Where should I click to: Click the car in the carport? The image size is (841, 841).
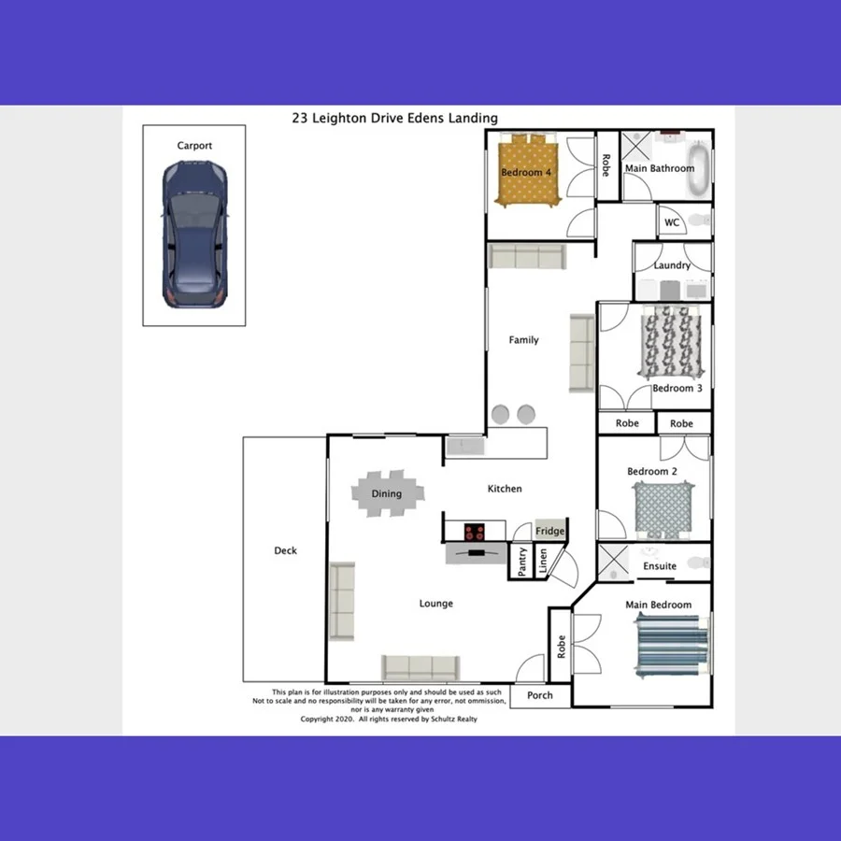[x=194, y=235]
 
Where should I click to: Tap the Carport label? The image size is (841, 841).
[x=194, y=146]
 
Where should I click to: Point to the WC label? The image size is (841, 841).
[x=672, y=222]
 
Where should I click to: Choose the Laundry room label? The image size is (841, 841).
[x=672, y=265]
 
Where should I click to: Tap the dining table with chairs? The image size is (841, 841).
[x=387, y=493]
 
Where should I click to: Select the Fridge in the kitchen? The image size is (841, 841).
[x=549, y=531]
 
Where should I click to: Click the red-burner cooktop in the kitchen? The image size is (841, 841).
[x=476, y=533]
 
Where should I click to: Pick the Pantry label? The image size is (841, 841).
[x=522, y=563]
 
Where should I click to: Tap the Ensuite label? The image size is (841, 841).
[x=660, y=566]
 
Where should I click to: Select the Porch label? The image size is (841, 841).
[x=540, y=695]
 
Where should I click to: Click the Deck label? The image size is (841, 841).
[x=285, y=550]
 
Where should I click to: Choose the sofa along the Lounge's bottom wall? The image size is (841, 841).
[x=420, y=667]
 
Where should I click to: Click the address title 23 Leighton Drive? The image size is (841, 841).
[x=394, y=119]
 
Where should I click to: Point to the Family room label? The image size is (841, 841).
[x=523, y=340]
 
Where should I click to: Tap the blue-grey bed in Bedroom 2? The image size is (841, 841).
[x=662, y=508]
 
